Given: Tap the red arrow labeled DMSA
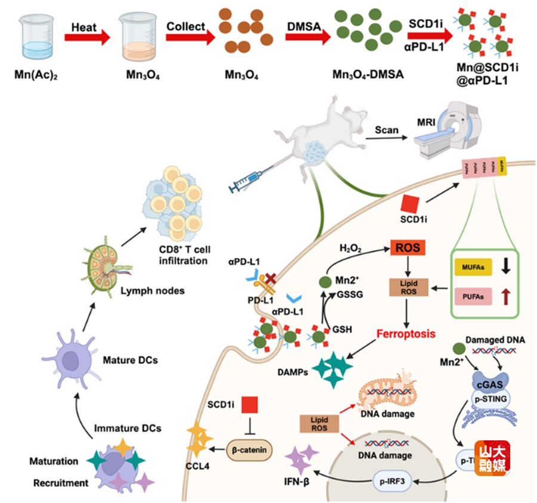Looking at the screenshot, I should point(307,38).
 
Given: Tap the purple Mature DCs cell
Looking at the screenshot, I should point(71,352).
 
